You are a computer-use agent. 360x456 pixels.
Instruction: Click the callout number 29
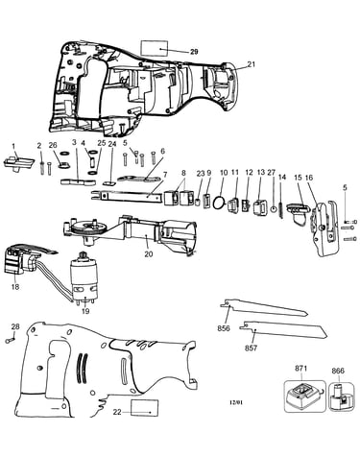[194, 52]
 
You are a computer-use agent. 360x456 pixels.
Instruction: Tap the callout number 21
[252, 64]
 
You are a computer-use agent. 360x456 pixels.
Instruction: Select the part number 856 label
[224, 328]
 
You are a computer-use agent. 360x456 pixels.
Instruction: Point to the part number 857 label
[251, 348]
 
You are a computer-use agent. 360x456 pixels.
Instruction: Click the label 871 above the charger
[300, 369]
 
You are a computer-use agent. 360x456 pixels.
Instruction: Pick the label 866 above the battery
[338, 371]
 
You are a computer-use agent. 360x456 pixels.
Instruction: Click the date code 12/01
[236, 402]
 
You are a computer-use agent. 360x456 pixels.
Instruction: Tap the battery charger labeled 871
[304, 396]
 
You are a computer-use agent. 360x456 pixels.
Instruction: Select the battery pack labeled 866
[341, 397]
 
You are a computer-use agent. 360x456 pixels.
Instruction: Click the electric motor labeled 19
[84, 277]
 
